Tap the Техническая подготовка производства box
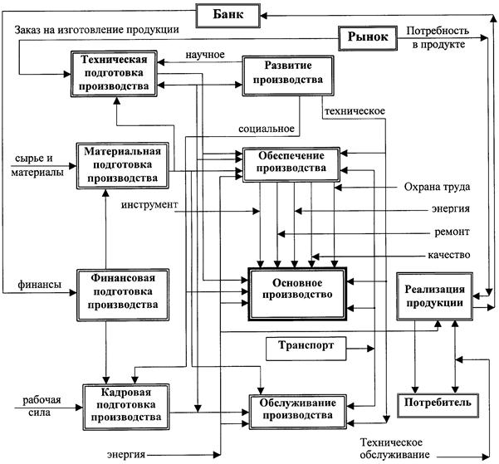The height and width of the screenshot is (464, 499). point(115,73)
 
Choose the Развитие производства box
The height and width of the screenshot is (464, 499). point(281,76)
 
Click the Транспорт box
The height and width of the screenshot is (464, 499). point(301,348)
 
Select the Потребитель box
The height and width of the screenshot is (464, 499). point(438,403)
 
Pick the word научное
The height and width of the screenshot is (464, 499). point(207,55)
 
